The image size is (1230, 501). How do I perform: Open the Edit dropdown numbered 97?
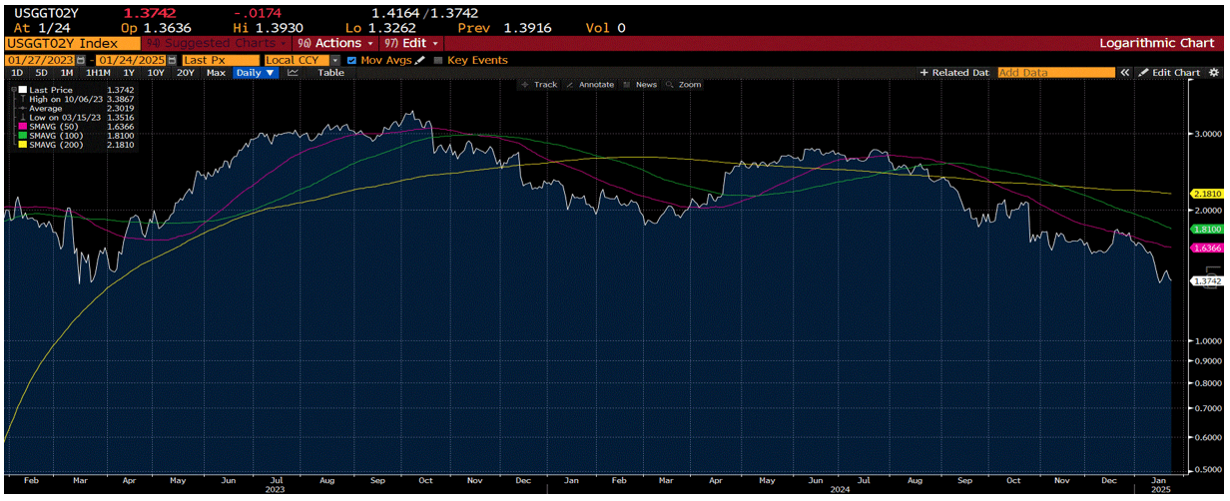point(410,44)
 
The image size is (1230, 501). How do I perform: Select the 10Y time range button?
point(156,73)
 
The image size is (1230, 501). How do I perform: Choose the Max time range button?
point(216,73)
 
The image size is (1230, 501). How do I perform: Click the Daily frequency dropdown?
point(257,73)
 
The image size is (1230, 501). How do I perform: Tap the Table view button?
point(330,73)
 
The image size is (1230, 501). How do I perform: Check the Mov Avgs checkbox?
point(352,60)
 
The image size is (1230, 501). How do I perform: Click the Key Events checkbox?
point(438,60)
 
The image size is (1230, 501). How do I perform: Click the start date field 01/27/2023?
point(38,60)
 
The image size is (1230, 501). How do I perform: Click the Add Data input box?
point(1055,73)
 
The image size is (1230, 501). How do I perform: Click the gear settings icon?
point(1214,73)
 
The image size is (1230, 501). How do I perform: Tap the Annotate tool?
point(591,85)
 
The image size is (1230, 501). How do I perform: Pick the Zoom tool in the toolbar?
point(684,85)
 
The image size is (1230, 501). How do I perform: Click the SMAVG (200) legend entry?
point(54,145)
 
